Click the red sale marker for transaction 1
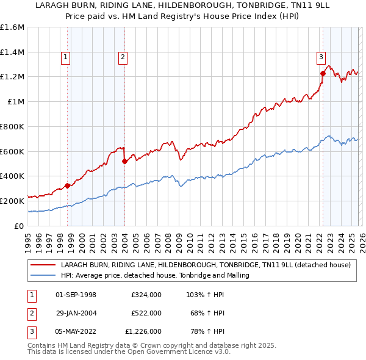tap(67, 185)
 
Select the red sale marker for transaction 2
tap(124, 161)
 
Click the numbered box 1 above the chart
tap(65, 58)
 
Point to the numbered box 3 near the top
tap(321, 58)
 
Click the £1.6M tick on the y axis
tap(12, 27)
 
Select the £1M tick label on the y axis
tap(15, 102)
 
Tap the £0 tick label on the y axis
tap(20, 226)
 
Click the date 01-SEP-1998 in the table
tap(76, 295)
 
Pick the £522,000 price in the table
tap(146, 313)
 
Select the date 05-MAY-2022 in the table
tap(76, 331)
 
